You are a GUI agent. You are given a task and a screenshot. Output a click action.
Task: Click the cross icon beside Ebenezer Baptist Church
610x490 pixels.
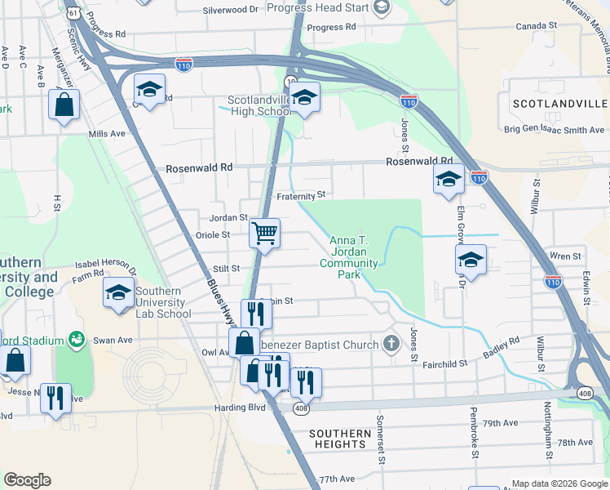coord(391,343)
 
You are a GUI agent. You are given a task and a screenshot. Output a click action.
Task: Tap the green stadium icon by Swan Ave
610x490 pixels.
coord(77,339)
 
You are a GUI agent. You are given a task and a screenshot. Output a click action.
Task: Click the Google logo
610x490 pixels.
coord(27,480)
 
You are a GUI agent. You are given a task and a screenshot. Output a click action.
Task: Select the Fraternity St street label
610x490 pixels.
coord(301,195)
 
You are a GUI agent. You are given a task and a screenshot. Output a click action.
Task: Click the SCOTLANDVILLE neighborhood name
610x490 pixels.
coord(559,105)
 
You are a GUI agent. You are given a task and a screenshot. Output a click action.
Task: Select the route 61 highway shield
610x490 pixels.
coord(73,14)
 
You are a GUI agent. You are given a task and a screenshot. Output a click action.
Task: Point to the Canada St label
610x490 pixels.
coord(536,26)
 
